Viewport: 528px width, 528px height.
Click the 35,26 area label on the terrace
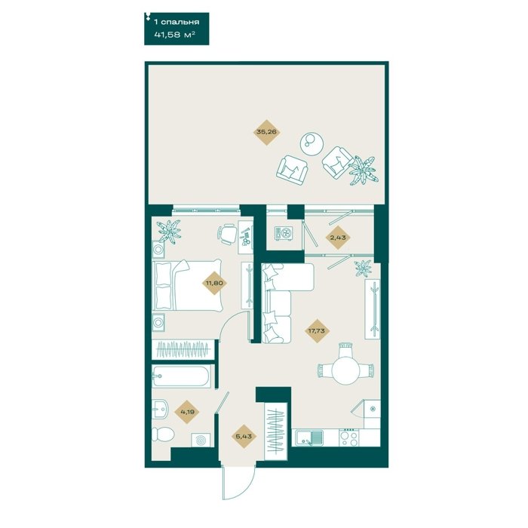pyautogui.click(x=267, y=132)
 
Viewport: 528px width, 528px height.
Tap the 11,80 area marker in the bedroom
pyautogui.click(x=214, y=283)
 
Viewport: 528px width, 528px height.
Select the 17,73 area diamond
pyautogui.click(x=317, y=331)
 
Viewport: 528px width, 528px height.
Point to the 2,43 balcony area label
pyautogui.click(x=338, y=238)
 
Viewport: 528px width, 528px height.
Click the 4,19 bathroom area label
pyautogui.click(x=187, y=411)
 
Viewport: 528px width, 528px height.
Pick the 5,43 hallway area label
pyautogui.click(x=244, y=437)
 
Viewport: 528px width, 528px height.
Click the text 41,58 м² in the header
pyautogui.click(x=175, y=35)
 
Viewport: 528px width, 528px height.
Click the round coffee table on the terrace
pyautogui.click(x=312, y=144)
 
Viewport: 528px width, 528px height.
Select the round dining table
pyautogui.click(x=345, y=370)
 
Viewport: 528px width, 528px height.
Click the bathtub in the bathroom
pyautogui.click(x=181, y=376)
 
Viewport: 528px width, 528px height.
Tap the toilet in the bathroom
pyautogui.click(x=162, y=434)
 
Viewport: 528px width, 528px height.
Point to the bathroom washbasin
pyautogui.click(x=160, y=409)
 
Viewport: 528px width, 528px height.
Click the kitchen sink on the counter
pyautogui.click(x=309, y=437)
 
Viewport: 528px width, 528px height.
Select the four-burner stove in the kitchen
pyautogui.click(x=348, y=437)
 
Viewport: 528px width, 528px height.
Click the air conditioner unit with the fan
pyautogui.click(x=284, y=233)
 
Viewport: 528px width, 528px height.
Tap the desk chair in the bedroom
pyautogui.click(x=226, y=234)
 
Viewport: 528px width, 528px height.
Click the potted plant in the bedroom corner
pyautogui.click(x=170, y=230)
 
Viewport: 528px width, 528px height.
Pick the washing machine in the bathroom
pyautogui.click(x=201, y=441)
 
